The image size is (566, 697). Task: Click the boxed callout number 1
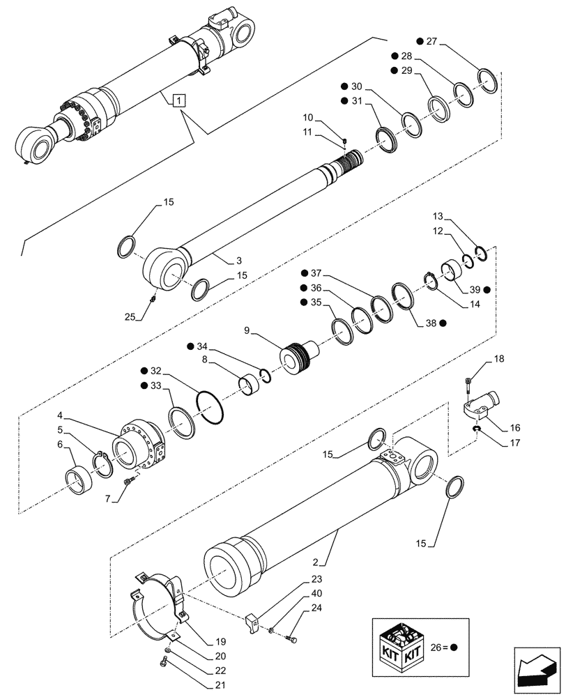point(180,100)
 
